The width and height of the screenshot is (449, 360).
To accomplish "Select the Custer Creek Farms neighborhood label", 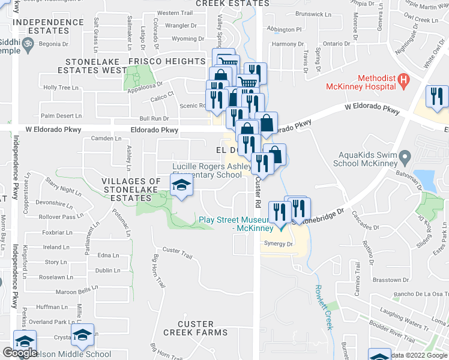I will pos(188,328).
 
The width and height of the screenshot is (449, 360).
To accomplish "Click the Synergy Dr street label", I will pos(278,244).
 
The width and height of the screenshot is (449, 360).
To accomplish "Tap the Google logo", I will pos(20,353).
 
